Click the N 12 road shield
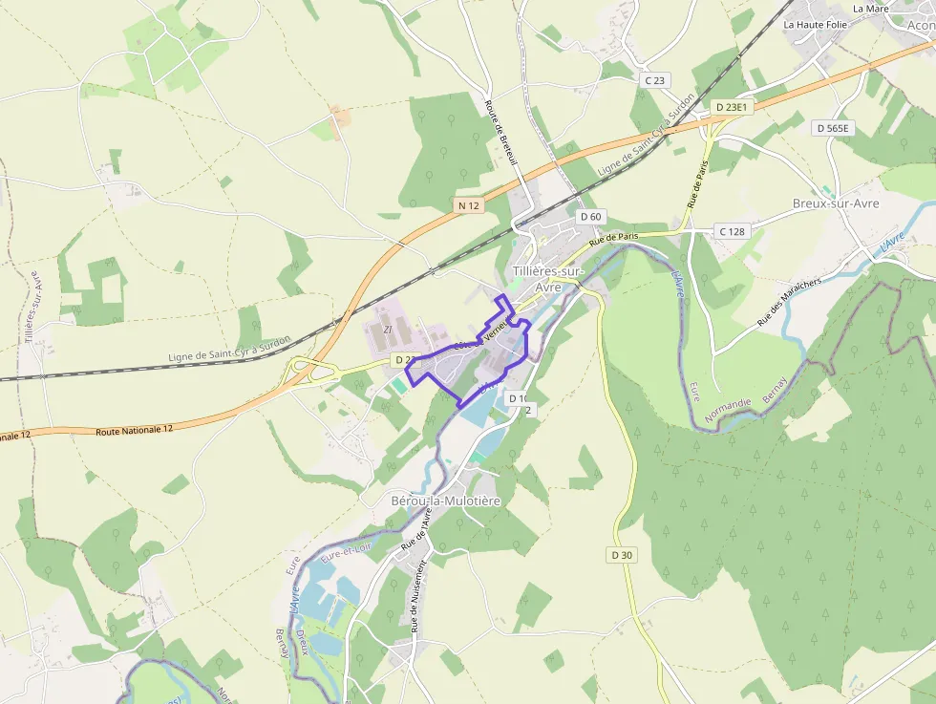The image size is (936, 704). (x=468, y=205)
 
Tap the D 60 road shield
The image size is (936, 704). (x=590, y=217)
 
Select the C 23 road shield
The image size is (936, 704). (x=654, y=80)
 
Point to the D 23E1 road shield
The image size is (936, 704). (x=733, y=107)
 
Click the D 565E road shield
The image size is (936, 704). (x=833, y=127)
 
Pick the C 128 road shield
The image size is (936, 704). (x=732, y=231)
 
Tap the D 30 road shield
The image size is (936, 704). (x=621, y=555)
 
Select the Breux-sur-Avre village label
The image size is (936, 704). (x=836, y=203)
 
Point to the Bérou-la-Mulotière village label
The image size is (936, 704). (x=445, y=501)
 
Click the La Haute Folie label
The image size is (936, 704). (x=815, y=24)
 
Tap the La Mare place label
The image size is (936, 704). (x=870, y=9)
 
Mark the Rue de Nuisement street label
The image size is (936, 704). (x=416, y=597)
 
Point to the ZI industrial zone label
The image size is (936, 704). (x=387, y=330)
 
